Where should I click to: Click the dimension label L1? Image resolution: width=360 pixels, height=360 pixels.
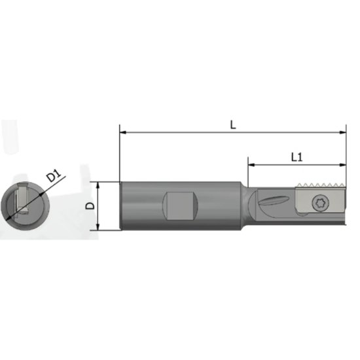tap(296, 157)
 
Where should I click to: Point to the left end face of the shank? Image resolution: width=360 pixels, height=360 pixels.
tap(121, 205)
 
